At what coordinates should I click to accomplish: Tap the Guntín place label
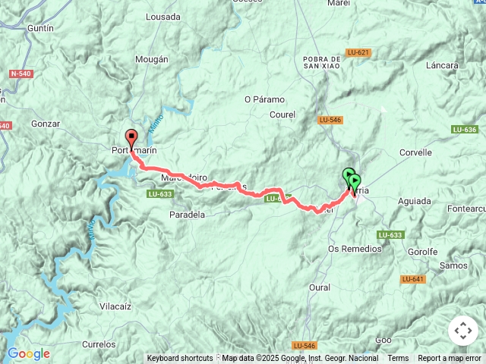pyautogui.click(x=39, y=28)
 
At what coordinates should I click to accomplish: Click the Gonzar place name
pyautogui.click(x=46, y=123)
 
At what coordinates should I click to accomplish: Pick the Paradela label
pyautogui.click(x=187, y=215)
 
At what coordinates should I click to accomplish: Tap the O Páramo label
pyautogui.click(x=264, y=99)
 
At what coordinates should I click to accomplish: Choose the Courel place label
pyautogui.click(x=282, y=115)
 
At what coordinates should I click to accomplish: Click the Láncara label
pyautogui.click(x=443, y=66)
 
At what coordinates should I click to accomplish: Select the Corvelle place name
pyautogui.click(x=415, y=152)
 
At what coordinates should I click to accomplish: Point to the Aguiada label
pyautogui.click(x=413, y=201)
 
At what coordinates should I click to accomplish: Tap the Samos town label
pyautogui.click(x=453, y=265)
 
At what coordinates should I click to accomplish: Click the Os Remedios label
pyautogui.click(x=355, y=249)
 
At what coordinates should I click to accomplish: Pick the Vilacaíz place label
pyautogui.click(x=115, y=306)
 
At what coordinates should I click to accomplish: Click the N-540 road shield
pyautogui.click(x=21, y=74)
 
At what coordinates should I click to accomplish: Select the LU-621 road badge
pyautogui.click(x=358, y=52)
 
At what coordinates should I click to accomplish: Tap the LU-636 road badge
pyautogui.click(x=463, y=130)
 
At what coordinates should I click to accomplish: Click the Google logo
pyautogui.click(x=28, y=354)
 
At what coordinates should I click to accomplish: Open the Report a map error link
pyautogui.click(x=450, y=359)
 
